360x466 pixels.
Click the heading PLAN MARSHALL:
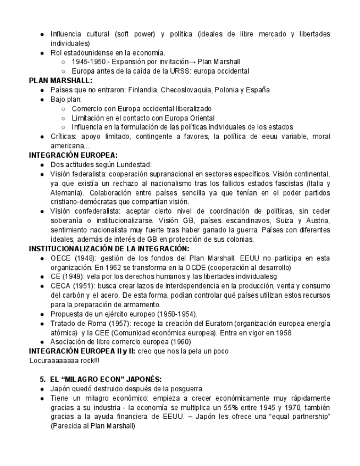53,80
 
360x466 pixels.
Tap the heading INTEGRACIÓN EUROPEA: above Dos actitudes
73,155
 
